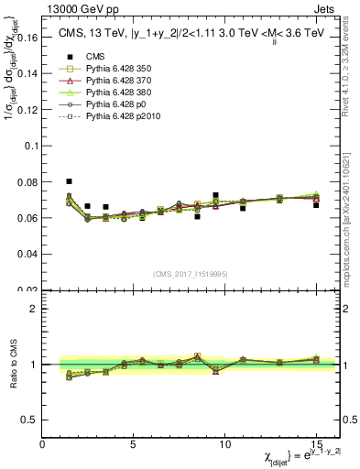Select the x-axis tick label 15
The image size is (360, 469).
(316, 444)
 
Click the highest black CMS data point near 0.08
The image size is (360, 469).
(70, 181)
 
